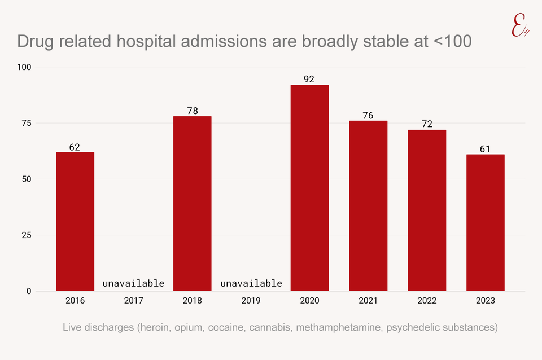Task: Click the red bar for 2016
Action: [75, 221]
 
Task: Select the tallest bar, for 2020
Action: [309, 188]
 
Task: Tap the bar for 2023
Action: [485, 222]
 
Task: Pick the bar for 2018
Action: [192, 203]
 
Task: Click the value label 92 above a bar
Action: [309, 79]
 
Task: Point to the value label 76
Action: [368, 115]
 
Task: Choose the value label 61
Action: [485, 149]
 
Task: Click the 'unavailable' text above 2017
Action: [133, 283]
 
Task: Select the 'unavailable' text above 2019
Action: [251, 283]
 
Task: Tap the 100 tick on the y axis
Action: [24, 67]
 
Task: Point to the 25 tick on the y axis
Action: [27, 235]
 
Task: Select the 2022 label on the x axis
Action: [427, 301]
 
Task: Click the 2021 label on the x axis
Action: [368, 301]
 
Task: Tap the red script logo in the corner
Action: [519, 25]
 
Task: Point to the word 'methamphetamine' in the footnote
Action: [345, 327]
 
